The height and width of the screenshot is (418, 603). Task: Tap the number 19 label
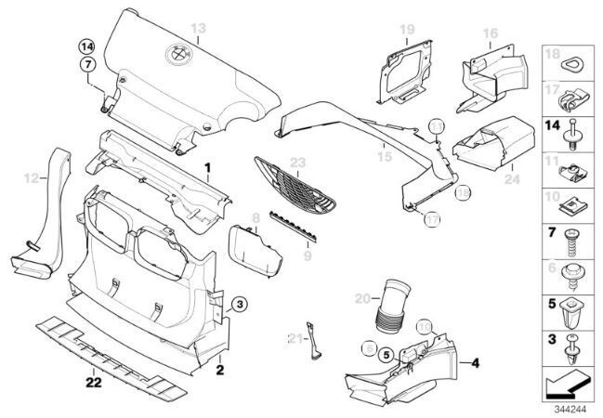406,31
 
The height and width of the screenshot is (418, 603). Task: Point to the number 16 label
491,33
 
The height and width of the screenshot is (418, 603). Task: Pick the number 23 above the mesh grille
296,163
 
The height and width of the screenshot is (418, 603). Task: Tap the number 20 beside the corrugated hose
363,298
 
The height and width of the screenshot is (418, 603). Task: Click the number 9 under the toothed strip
308,252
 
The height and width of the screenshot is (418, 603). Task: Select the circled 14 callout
86,46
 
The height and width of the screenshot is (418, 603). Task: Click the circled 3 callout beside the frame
239,304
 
